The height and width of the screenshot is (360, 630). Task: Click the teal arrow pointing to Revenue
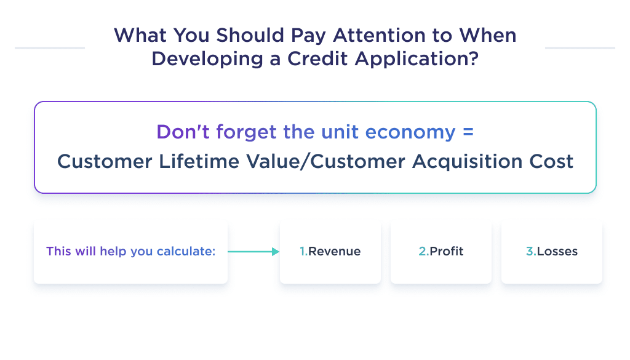click(253, 251)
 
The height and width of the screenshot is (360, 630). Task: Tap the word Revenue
click(335, 251)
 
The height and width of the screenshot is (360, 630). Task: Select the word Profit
click(447, 251)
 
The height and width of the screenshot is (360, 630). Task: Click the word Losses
click(557, 251)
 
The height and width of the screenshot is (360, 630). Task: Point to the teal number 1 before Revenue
click(303, 251)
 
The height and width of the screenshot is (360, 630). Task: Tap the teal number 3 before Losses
click(530, 251)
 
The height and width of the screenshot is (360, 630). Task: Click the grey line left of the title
click(49, 47)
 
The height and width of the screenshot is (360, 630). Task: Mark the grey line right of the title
click(580, 47)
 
